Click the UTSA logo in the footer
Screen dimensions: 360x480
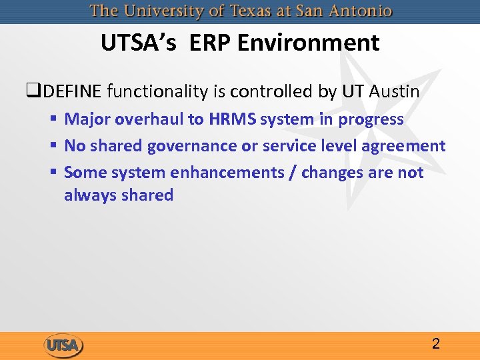point(63,345)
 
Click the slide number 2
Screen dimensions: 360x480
point(435,344)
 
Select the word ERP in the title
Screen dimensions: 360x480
point(210,43)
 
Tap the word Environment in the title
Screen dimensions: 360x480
point(308,43)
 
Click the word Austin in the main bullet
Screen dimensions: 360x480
point(393,91)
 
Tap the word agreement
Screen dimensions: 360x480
point(403,146)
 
